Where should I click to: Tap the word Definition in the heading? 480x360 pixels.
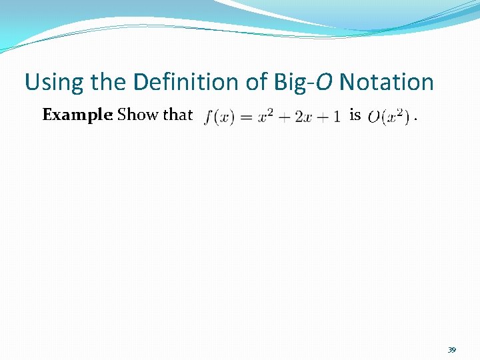(x=197, y=83)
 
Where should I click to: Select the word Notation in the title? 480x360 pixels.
(x=386, y=83)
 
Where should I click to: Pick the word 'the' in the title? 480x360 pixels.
(x=110, y=83)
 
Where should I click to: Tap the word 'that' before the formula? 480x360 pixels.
(x=177, y=115)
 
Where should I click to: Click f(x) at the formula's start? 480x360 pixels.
(x=219, y=117)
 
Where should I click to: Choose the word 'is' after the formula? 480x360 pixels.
(x=355, y=115)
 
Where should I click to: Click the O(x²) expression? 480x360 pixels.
(x=388, y=117)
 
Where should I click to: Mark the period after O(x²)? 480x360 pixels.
(x=416, y=120)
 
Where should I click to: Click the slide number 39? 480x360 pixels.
(x=451, y=349)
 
